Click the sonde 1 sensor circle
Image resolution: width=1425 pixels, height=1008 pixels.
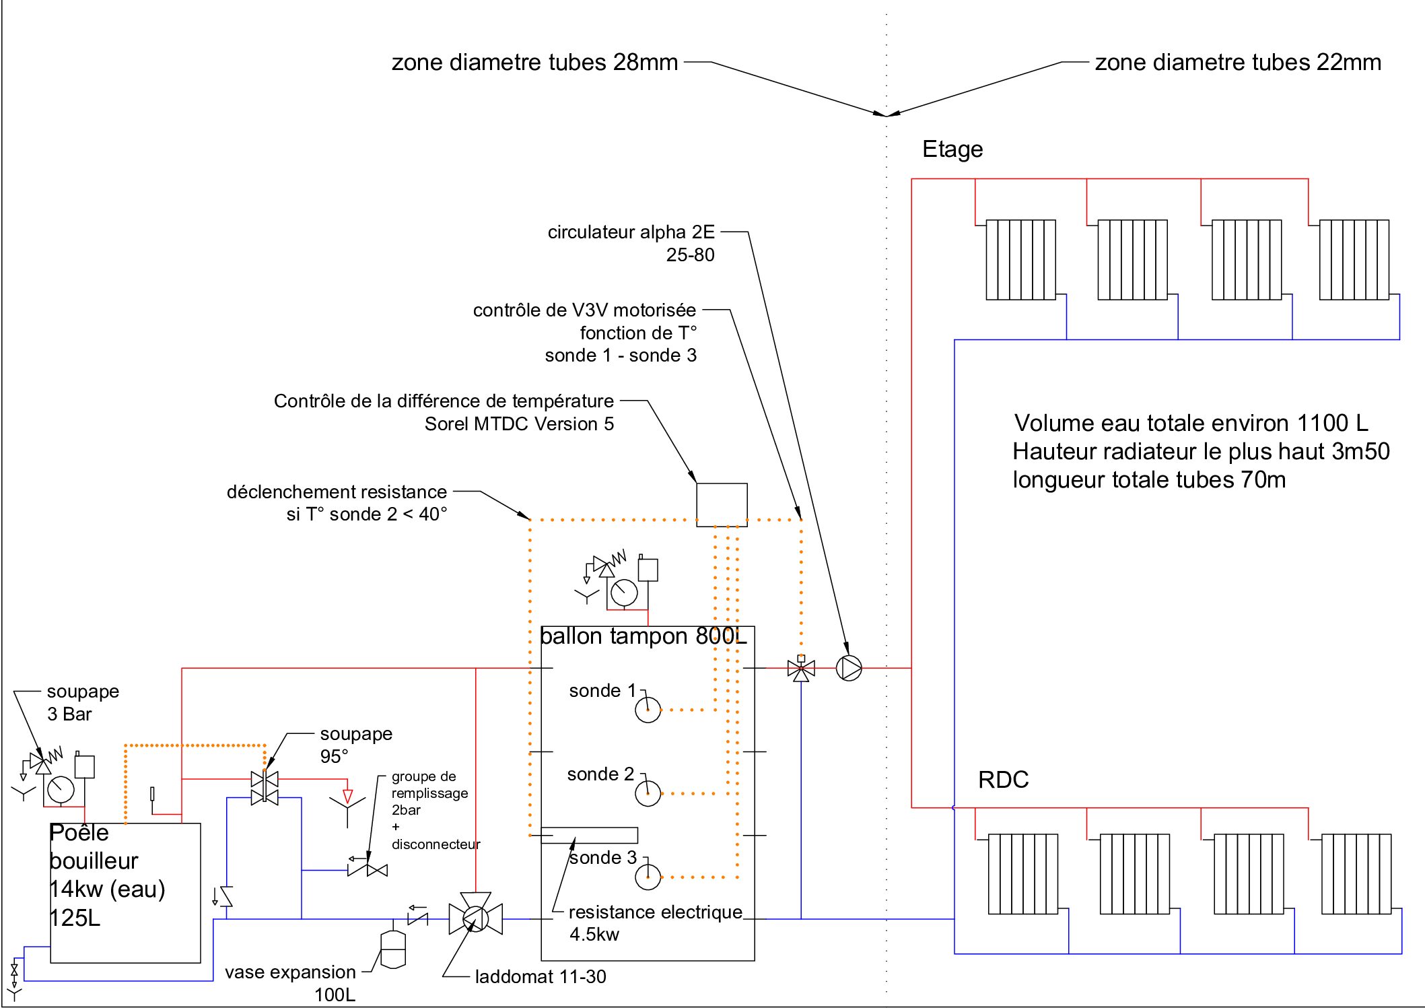648,710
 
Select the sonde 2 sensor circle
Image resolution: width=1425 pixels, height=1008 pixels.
648,793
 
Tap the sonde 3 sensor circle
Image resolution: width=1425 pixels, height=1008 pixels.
648,877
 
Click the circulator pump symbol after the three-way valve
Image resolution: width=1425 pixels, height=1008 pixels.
849,668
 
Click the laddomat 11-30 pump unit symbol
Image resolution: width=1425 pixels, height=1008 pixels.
475,918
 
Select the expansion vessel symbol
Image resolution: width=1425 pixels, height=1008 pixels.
393,949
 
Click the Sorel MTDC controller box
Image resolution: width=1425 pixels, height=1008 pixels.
722,504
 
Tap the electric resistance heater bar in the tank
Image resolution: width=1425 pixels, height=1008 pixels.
589,835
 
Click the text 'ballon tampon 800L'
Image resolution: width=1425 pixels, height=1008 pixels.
643,636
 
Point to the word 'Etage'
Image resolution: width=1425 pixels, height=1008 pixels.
952,149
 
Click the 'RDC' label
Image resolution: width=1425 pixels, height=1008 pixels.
1003,780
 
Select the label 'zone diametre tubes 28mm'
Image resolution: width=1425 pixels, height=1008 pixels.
534,63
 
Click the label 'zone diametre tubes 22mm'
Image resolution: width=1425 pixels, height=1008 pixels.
1238,63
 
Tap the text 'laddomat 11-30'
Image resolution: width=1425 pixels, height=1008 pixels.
541,976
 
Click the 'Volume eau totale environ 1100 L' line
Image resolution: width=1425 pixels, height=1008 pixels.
1191,423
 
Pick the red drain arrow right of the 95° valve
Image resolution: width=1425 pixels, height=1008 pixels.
347,795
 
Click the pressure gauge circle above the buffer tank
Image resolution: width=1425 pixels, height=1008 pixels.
624,593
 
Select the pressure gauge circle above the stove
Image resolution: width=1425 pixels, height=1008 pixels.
61,789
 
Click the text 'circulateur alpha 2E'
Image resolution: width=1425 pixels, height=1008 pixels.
631,232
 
